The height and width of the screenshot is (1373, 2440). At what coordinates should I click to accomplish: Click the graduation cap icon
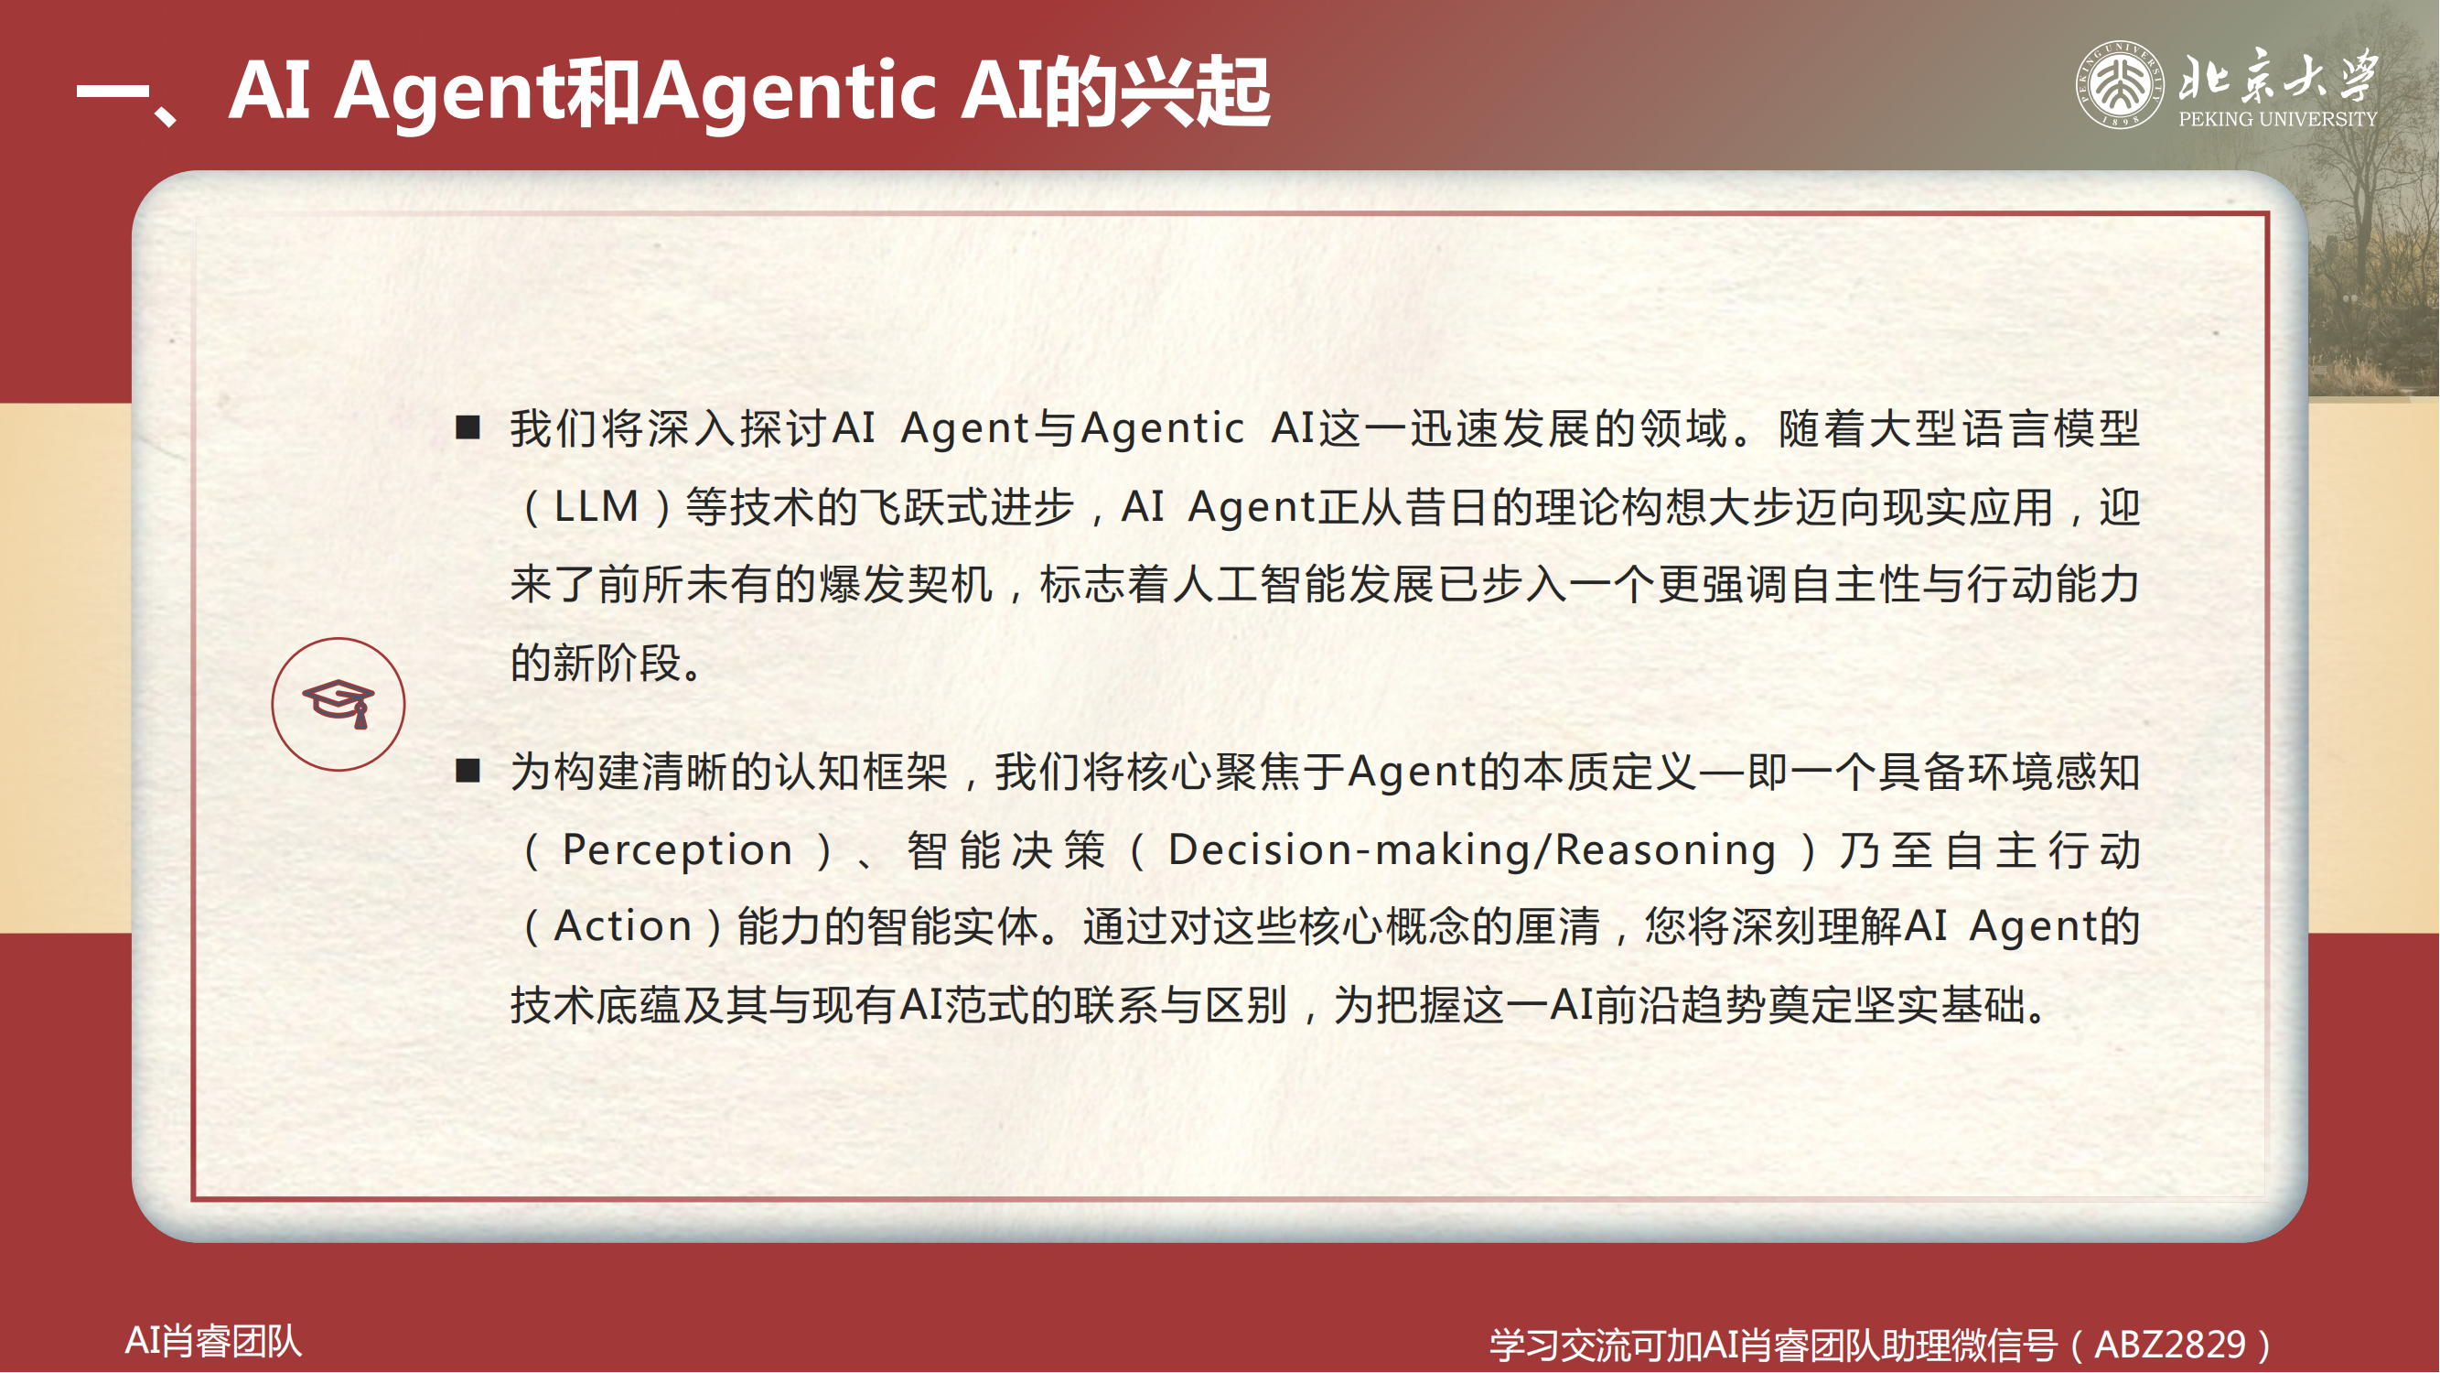339,703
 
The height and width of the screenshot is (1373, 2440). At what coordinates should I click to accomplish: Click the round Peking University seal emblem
2120,84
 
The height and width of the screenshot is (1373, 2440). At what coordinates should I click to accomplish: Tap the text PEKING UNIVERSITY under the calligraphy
2278,119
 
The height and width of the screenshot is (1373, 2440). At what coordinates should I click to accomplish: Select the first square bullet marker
468,427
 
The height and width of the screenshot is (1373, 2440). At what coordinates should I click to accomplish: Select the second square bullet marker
468,771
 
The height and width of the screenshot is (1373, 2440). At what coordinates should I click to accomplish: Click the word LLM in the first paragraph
596,507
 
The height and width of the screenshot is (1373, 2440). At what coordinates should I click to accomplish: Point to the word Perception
677,850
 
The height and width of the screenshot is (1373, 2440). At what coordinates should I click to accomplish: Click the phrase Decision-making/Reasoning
1472,850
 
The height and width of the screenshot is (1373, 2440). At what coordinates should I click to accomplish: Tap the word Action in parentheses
622,926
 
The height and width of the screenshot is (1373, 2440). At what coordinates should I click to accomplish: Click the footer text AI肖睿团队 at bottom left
213,1341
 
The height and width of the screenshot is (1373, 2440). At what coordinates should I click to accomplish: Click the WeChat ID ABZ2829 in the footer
2169,1345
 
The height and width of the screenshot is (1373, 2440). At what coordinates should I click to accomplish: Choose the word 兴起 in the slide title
1196,91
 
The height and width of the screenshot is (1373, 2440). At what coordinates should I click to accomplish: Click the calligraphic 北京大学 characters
2279,75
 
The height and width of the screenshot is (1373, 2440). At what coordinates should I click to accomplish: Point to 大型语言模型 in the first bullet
2004,429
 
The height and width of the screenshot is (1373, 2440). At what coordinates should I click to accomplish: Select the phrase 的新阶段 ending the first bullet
597,663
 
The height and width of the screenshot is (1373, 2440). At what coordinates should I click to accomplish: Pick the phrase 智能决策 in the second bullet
1006,850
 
